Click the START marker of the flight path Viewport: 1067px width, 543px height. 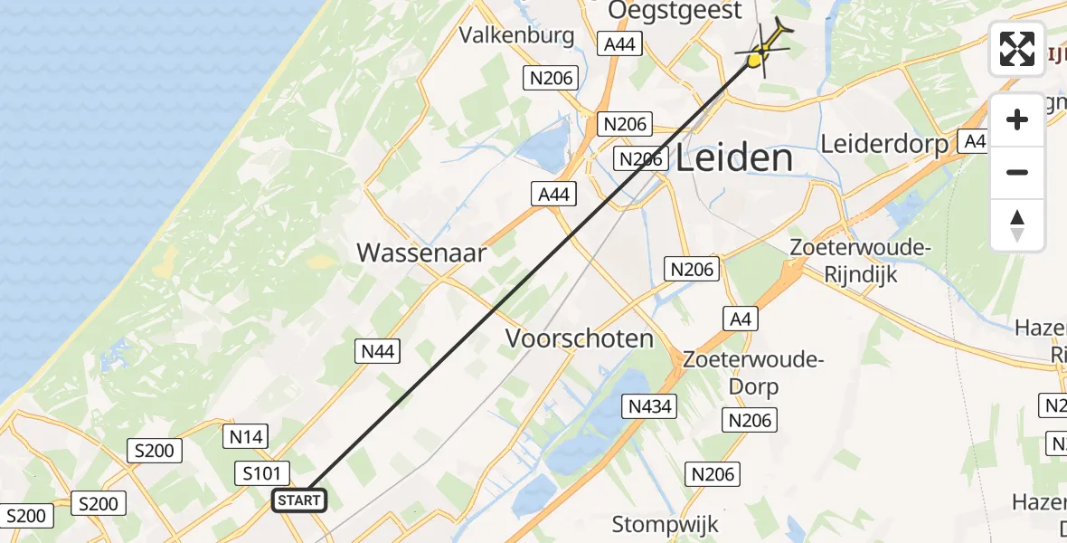[x=298, y=500]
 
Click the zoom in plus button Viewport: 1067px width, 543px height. [x=1017, y=119]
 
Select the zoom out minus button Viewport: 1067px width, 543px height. [x=1017, y=172]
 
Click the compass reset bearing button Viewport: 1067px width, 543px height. [x=1017, y=224]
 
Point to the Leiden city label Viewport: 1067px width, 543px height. [x=734, y=158]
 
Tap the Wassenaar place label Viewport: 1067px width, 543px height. [x=421, y=252]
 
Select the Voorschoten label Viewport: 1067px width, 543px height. [x=580, y=338]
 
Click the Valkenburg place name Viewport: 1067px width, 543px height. [x=517, y=35]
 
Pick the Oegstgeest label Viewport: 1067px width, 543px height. [x=669, y=10]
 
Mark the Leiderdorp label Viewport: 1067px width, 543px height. [x=884, y=144]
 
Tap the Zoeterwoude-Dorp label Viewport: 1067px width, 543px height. [x=752, y=373]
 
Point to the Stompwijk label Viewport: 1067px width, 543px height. [x=665, y=524]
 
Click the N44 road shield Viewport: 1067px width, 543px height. [x=378, y=352]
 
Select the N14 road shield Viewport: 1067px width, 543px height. [x=245, y=437]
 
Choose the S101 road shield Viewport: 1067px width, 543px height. [x=264, y=472]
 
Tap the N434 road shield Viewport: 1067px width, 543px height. [x=649, y=406]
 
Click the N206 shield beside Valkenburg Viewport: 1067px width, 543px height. [x=552, y=78]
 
